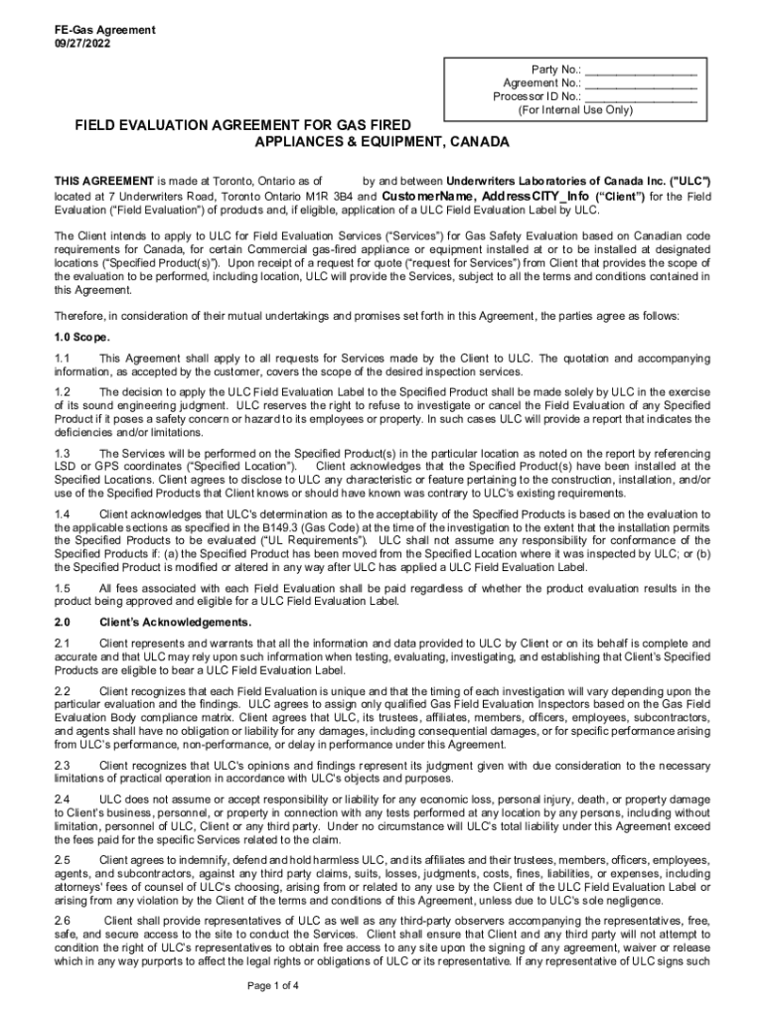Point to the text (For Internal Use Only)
(575, 110)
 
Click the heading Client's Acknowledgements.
(175, 623)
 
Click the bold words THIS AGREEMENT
(103, 183)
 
